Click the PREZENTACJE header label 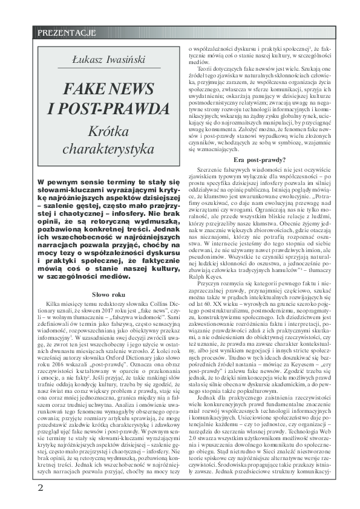(62, 31)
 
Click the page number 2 (40, 487)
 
